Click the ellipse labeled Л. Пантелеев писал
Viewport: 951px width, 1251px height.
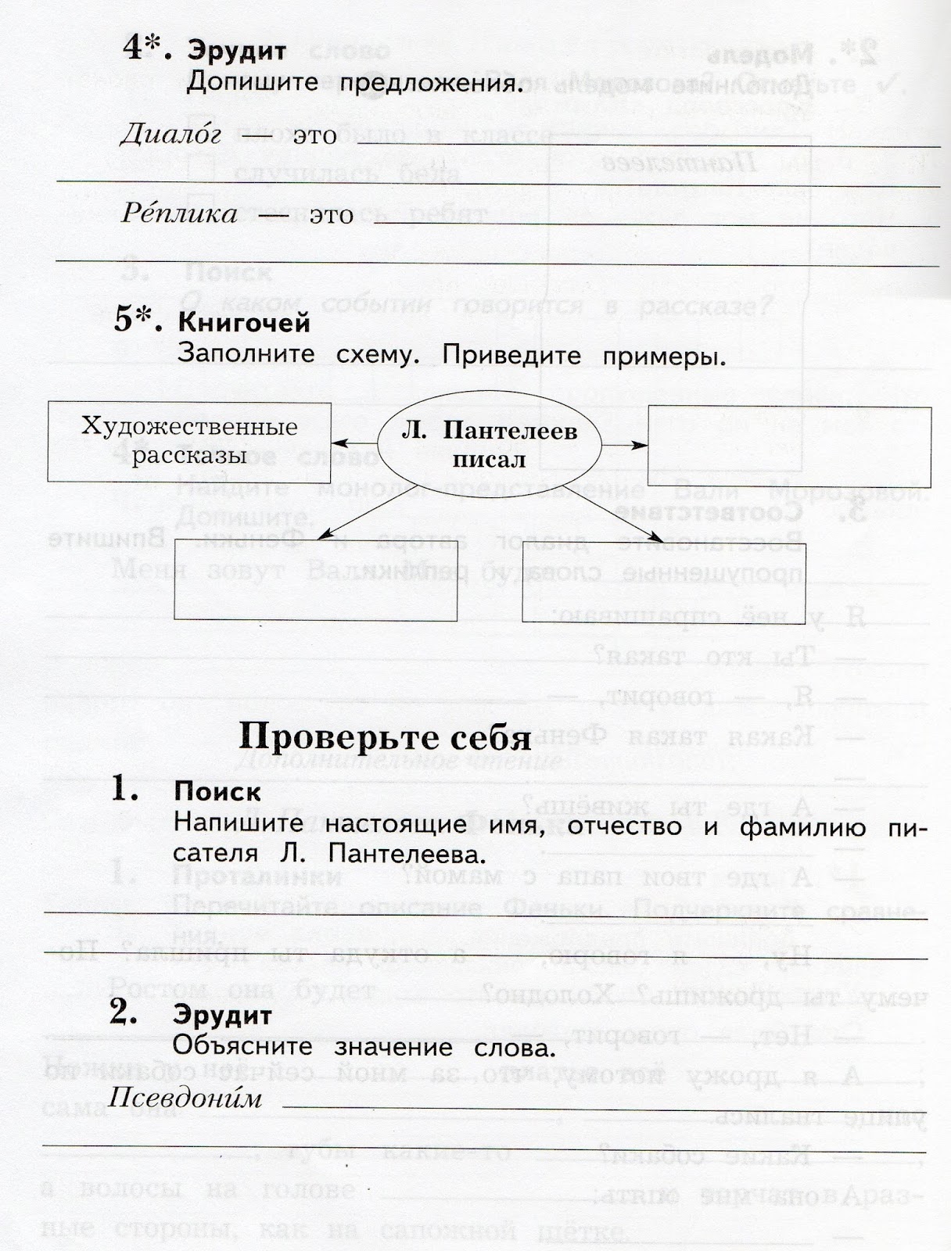[490, 444]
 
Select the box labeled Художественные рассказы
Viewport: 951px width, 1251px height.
[189, 441]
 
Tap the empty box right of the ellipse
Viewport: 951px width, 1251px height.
[788, 446]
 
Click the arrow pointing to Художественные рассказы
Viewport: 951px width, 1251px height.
[353, 441]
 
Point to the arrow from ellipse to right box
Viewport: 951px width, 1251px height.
[625, 446]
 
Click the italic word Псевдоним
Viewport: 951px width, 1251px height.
[185, 1099]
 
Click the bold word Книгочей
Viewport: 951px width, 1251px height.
[244, 322]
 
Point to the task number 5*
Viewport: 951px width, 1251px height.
[138, 321]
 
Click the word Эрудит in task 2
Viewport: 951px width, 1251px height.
[222, 1016]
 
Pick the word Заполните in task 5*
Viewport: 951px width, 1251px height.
[246, 354]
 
